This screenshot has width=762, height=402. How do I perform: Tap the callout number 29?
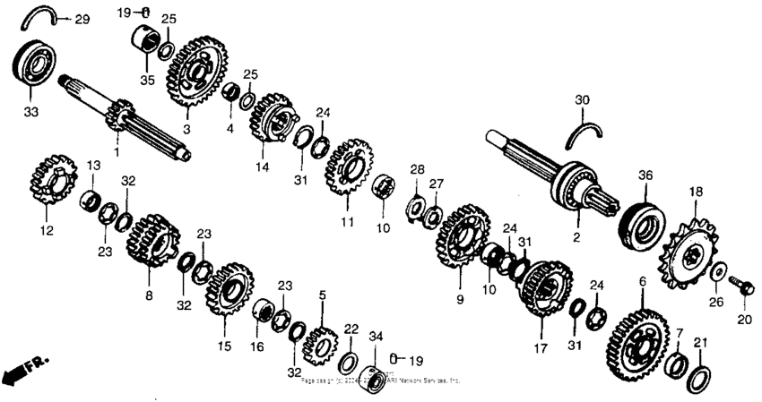coord(82,20)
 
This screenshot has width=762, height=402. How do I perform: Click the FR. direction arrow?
coord(24,368)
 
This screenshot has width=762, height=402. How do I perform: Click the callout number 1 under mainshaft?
coord(116,151)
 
